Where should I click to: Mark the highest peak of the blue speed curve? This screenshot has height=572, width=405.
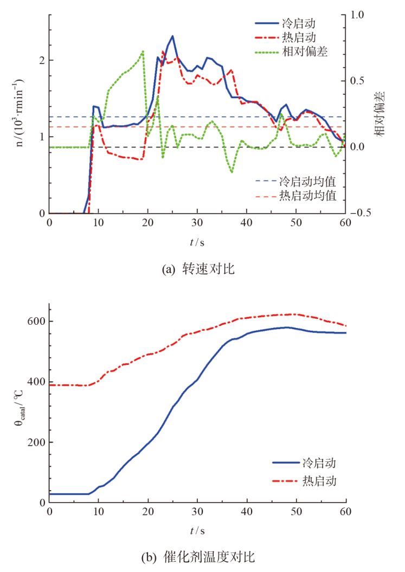[x=172, y=36]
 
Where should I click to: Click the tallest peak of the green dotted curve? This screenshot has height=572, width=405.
[x=143, y=52]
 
